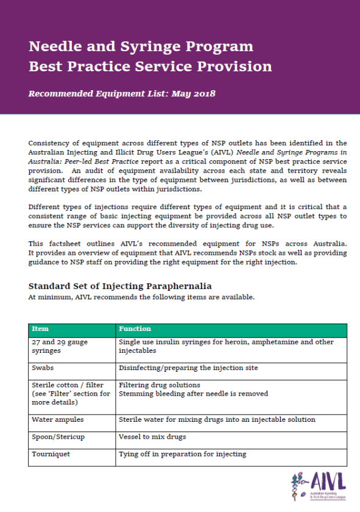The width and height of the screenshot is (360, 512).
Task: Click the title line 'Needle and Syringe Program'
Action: coord(141,47)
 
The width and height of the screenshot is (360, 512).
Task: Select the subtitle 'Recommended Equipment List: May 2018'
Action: coord(122,94)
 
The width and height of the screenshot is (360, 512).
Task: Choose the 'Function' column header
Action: coord(135,329)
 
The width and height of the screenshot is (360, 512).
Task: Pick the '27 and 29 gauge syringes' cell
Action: coord(59,346)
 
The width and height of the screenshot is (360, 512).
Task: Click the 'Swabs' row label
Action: coord(42,368)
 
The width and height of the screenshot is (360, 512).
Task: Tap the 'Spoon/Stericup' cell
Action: coord(58,436)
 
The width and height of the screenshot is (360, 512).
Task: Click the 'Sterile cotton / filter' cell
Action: coord(68,385)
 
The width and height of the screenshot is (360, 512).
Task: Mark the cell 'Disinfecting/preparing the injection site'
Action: coord(189,368)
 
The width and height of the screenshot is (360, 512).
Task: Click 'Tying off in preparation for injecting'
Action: coord(182,454)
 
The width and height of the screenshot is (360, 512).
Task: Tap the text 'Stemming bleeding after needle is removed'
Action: coord(193,394)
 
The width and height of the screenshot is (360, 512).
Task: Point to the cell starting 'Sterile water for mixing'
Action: coord(217,419)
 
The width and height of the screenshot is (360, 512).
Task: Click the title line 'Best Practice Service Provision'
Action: coord(150,66)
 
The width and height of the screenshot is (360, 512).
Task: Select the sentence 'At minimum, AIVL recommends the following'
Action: coord(139,297)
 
